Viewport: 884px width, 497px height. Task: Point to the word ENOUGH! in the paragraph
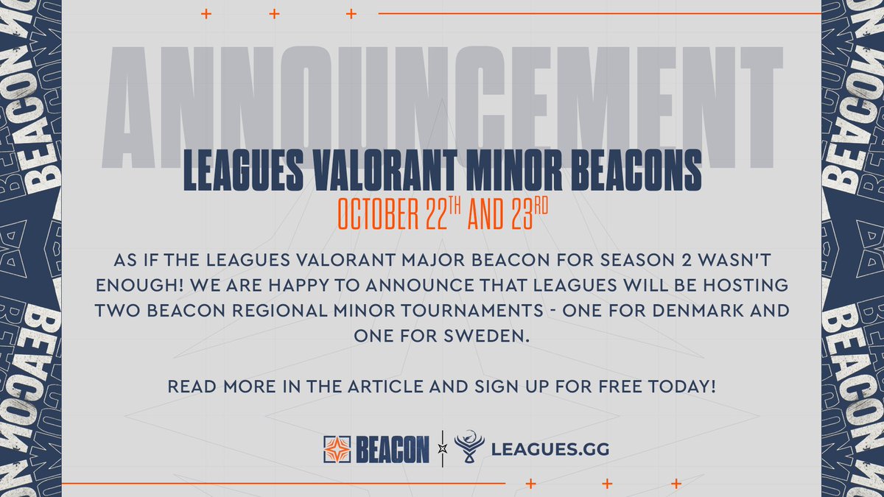click(140, 286)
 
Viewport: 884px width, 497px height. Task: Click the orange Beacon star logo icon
click(338, 448)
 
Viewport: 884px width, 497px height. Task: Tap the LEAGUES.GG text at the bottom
click(549, 448)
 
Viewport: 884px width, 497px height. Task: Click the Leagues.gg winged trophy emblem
click(469, 448)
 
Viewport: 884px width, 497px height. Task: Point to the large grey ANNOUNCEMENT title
click(441, 103)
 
